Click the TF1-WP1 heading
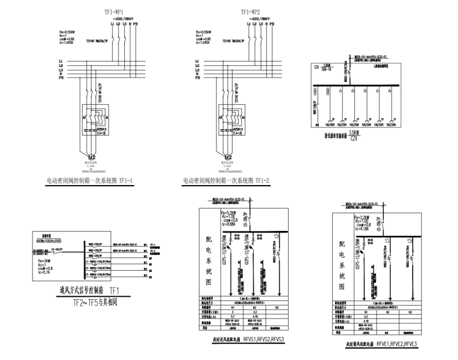tap(114, 11)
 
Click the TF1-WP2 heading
tap(251, 11)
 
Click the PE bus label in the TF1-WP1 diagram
tap(60, 77)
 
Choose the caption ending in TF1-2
tap(227, 180)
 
